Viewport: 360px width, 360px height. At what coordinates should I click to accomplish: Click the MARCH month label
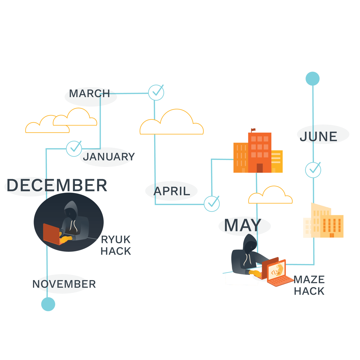[x=89, y=94]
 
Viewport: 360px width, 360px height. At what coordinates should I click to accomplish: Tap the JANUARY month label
[x=109, y=157]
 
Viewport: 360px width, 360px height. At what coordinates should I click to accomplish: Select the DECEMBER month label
[x=57, y=186]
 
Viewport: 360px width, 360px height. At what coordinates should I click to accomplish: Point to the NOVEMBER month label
[x=64, y=284]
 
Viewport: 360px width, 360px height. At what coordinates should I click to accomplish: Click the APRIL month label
[x=172, y=191]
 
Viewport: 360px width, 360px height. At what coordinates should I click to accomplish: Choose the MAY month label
[x=243, y=226]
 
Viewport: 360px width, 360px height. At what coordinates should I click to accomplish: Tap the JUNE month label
[x=319, y=137]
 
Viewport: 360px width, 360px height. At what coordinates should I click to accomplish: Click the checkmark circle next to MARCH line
[x=156, y=93]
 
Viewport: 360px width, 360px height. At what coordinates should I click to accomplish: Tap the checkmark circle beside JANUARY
[x=74, y=149]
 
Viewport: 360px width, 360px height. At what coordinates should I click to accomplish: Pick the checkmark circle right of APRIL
[x=212, y=204]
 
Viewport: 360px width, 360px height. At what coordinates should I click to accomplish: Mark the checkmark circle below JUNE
[x=313, y=170]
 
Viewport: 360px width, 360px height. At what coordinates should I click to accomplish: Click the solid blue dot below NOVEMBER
[x=48, y=304]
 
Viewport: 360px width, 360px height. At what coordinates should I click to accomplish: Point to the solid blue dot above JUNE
[x=313, y=79]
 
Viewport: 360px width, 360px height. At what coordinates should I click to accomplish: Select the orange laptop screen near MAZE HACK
[x=276, y=271]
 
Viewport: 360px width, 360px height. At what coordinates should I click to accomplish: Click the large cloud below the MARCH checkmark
[x=172, y=124]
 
